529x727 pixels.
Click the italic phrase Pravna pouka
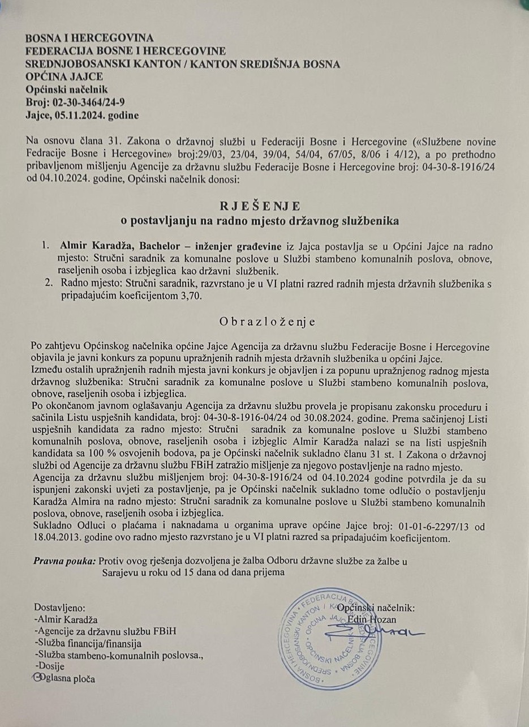64,562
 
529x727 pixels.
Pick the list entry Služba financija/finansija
88,643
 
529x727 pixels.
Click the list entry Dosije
50,666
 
